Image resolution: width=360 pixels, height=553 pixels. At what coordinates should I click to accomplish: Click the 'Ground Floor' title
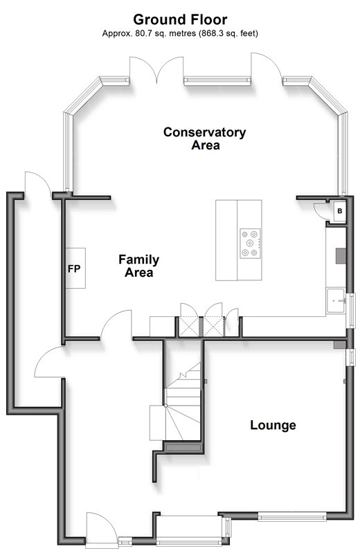coord(180,19)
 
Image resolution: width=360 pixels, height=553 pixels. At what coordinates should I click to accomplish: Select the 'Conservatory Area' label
coord(205,138)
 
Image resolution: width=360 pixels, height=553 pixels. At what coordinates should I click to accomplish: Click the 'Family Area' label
coord(138,266)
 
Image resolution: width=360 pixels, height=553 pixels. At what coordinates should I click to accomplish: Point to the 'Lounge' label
coord(273,425)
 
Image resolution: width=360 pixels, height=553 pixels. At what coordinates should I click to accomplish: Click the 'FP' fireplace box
coord(75,269)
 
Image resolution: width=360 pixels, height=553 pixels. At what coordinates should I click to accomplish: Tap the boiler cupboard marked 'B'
coord(339,211)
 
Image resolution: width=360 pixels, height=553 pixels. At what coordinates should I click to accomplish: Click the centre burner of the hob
coord(250,243)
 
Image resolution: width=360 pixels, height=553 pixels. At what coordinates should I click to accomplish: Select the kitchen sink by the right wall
coord(336,301)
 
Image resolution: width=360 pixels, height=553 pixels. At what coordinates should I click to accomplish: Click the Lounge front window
coord(292,517)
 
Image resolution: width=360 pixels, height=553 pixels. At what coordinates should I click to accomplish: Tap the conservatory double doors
coord(156,70)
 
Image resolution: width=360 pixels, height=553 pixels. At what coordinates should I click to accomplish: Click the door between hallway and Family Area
coord(117,325)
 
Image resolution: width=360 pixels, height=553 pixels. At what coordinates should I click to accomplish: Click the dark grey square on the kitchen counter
coord(341,255)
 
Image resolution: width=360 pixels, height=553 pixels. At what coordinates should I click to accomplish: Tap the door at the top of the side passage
coord(38,183)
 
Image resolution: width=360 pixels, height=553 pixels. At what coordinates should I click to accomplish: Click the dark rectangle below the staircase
coord(183,448)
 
